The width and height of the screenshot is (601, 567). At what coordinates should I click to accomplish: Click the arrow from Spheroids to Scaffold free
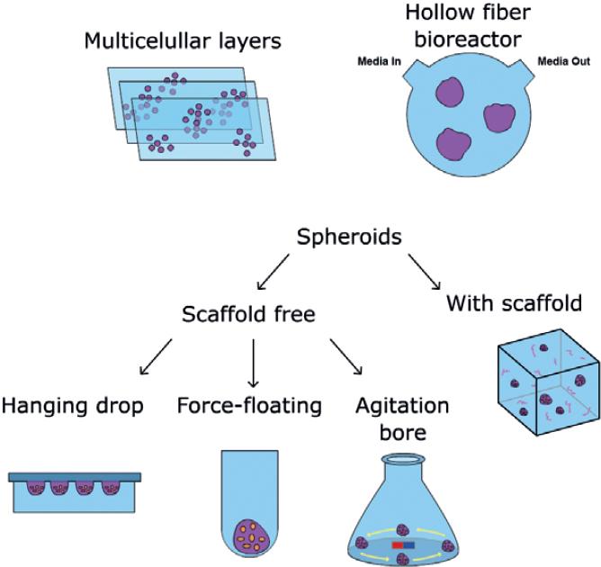point(273,273)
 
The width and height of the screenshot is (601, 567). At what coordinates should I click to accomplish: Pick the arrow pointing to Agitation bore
point(346,356)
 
